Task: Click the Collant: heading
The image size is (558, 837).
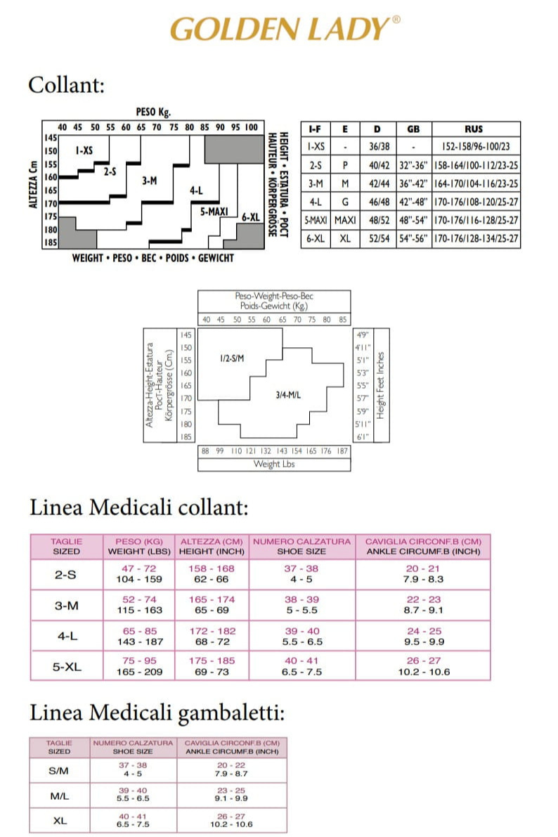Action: tap(66, 85)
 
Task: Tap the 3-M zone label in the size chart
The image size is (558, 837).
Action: tap(149, 181)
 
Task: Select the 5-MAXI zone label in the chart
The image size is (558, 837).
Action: tap(212, 210)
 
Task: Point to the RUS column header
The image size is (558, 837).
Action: tap(474, 129)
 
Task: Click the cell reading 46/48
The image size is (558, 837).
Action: tap(377, 202)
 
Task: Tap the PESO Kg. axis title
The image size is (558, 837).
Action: tap(153, 112)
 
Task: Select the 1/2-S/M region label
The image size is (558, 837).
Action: tap(231, 358)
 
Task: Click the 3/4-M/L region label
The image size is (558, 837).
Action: tap(288, 395)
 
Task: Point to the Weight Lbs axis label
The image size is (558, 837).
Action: tap(273, 464)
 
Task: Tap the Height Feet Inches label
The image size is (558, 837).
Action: tap(380, 385)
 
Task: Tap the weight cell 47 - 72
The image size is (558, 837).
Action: tap(139, 569)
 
